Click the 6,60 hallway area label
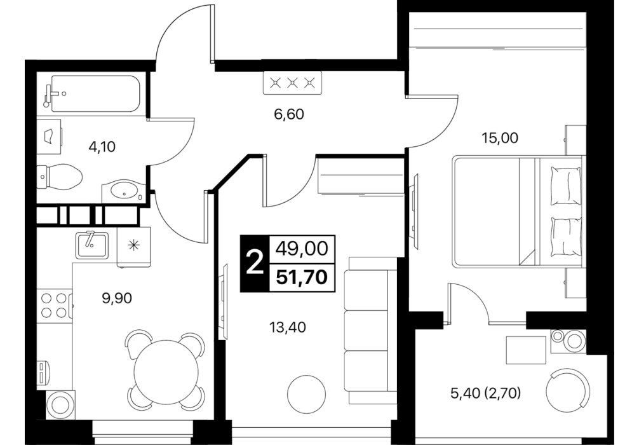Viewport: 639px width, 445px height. tap(289, 114)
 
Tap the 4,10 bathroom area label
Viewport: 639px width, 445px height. tap(102, 146)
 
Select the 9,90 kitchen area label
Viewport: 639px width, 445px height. tap(117, 298)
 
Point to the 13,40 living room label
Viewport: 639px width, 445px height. tap(288, 327)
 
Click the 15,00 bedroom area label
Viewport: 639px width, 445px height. tap(500, 138)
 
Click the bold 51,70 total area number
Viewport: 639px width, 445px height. tap(302, 278)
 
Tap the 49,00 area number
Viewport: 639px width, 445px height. tap(302, 249)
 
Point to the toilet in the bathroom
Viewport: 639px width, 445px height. tap(60, 177)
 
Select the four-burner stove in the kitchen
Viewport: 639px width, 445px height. tap(54, 306)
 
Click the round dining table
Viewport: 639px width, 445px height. tap(166, 372)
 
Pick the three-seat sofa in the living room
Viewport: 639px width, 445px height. tap(371, 331)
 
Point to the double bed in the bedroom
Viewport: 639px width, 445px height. tap(517, 211)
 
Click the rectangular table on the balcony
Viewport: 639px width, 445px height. tap(526, 350)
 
